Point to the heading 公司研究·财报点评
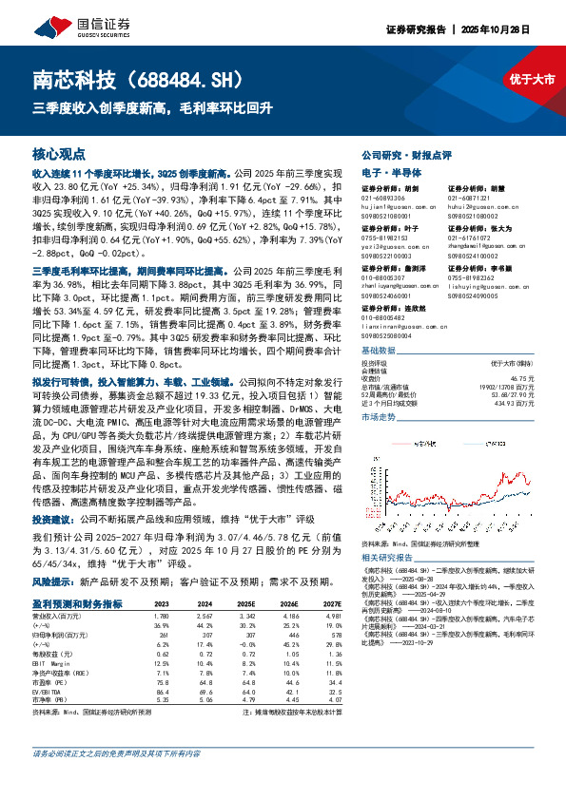click(397, 154)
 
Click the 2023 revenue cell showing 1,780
click(162, 616)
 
